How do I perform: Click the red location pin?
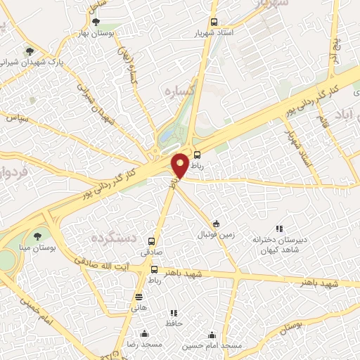tap(180, 165)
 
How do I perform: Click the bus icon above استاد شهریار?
tap(214, 22)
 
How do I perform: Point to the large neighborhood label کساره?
tap(178, 91)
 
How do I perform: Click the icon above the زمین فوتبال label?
tap(216, 223)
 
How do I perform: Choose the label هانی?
tap(139, 307)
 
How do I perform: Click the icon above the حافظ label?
tap(173, 313)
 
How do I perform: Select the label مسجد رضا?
tap(144, 345)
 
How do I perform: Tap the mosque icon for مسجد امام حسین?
tap(212, 335)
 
